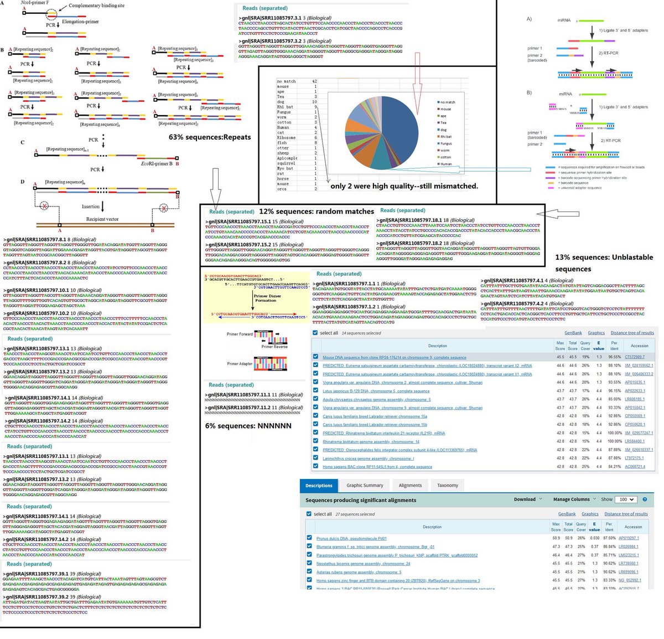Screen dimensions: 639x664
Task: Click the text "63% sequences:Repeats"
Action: (x=210, y=137)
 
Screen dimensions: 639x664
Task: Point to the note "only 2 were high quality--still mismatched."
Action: (x=404, y=186)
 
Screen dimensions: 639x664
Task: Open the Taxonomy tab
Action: (x=448, y=486)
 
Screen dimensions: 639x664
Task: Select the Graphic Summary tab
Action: (x=365, y=486)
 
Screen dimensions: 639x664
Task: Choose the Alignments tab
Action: (x=410, y=486)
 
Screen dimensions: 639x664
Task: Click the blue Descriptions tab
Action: (x=319, y=486)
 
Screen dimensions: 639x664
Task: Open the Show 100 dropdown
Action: (x=626, y=499)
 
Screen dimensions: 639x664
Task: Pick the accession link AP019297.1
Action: (x=629, y=538)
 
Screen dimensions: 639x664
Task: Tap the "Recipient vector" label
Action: (x=102, y=219)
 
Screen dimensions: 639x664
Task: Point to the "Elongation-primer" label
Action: (x=81, y=22)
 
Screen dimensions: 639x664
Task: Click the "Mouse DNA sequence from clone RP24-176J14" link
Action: (x=394, y=358)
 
